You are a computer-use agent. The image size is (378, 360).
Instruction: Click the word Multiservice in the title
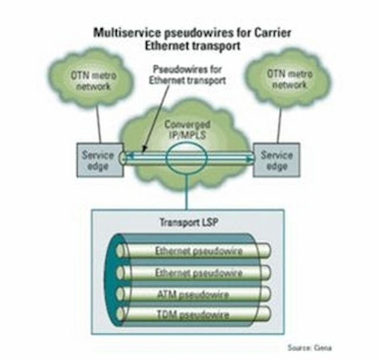pyautogui.click(x=127, y=33)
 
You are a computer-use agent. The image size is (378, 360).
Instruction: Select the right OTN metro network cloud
pyautogui.click(x=289, y=78)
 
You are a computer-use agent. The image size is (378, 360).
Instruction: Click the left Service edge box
pyautogui.click(x=100, y=161)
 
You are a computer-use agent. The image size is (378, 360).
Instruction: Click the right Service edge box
pyautogui.click(x=276, y=161)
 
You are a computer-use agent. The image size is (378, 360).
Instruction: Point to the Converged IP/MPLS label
pyautogui.click(x=187, y=130)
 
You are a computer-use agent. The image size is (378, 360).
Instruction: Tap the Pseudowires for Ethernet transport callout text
pyautogui.click(x=187, y=75)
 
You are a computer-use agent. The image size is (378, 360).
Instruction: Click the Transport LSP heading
pyautogui.click(x=188, y=222)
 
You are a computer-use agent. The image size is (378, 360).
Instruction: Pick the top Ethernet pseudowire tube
pyautogui.click(x=193, y=251)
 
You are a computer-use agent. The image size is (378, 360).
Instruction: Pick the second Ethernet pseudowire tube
pyautogui.click(x=193, y=273)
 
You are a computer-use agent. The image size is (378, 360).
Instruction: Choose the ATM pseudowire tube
pyautogui.click(x=193, y=294)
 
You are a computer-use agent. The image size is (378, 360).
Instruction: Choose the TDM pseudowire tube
pyautogui.click(x=193, y=314)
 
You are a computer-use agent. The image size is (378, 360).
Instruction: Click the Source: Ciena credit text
pyautogui.click(x=309, y=348)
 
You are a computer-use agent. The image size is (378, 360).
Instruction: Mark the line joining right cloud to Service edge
pyautogui.click(x=279, y=125)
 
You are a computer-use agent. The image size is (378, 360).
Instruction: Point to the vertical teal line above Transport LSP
pyautogui.click(x=187, y=192)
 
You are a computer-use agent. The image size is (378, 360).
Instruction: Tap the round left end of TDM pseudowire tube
pyautogui.click(x=120, y=314)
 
